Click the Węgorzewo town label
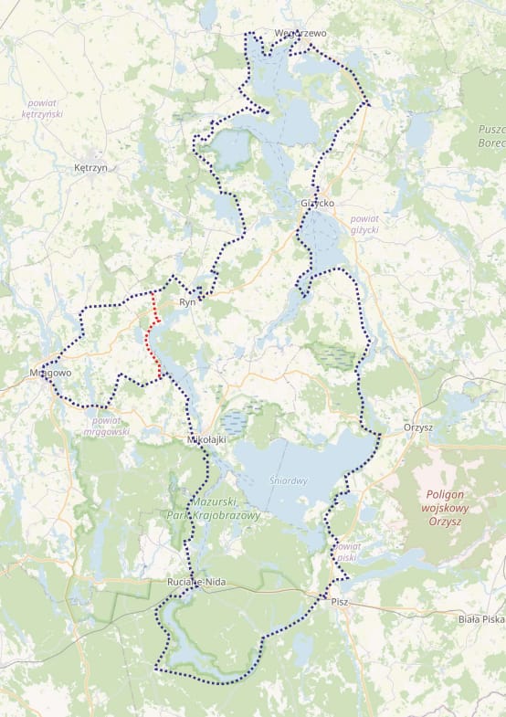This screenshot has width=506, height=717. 300,34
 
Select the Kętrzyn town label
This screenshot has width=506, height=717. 90,168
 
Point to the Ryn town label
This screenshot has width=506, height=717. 188,301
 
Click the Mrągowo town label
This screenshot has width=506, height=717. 49,374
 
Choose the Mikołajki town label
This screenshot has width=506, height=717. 206,440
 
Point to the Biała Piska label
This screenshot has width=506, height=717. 481,619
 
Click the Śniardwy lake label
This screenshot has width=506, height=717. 289,480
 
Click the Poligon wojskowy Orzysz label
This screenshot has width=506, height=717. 445,508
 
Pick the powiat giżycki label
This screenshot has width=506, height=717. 364,224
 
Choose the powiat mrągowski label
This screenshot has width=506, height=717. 106,426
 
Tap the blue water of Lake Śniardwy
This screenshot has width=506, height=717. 301,457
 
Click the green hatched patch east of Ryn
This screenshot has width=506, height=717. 332,354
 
